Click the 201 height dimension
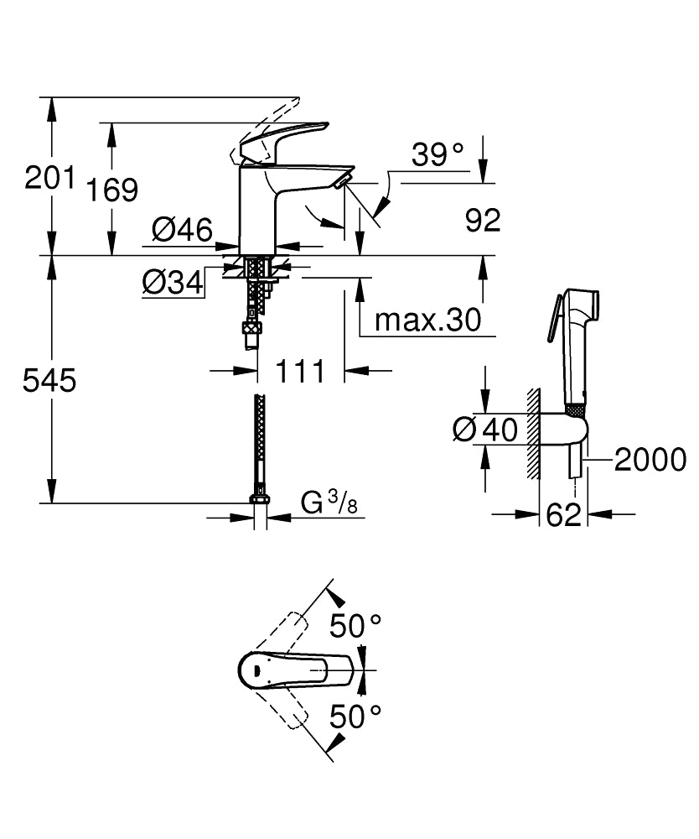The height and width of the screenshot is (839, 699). click(x=49, y=177)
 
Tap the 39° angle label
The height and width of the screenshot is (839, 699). click(x=438, y=154)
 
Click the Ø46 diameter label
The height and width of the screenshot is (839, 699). click(x=182, y=228)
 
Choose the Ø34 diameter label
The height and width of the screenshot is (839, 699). click(x=173, y=284)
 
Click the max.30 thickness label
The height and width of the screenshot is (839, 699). click(x=427, y=319)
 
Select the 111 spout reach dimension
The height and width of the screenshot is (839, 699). click(x=300, y=369)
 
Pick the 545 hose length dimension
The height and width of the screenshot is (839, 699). click(x=49, y=380)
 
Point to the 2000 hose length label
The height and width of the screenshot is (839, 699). click(x=650, y=459)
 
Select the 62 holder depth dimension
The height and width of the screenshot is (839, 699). click(x=563, y=514)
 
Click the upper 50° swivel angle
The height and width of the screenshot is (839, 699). click(x=355, y=624)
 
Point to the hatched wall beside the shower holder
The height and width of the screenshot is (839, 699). click(x=532, y=434)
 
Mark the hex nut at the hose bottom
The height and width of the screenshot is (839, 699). click(x=260, y=501)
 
